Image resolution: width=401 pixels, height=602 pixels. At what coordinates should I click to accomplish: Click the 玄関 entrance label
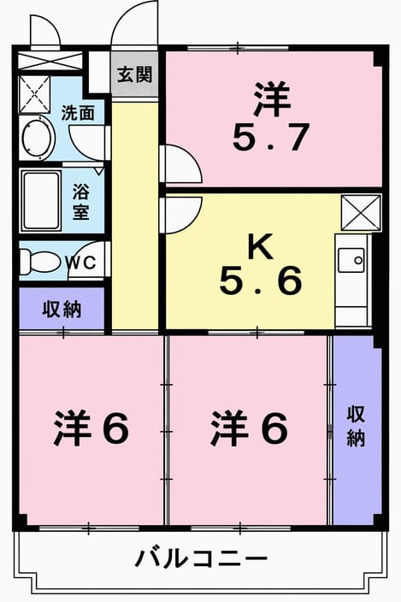135,74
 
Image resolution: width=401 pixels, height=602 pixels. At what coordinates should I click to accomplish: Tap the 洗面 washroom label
78,113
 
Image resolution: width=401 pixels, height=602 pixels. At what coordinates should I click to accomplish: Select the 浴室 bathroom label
81,202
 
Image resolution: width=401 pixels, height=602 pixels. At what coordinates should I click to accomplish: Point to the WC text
80,263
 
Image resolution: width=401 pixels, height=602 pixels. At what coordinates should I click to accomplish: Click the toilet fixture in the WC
40,262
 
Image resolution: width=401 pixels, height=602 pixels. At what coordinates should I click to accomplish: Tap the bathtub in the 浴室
41,201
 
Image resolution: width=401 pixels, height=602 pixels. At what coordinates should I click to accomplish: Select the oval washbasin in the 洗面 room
38,138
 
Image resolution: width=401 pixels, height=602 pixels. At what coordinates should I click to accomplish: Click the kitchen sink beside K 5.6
351,260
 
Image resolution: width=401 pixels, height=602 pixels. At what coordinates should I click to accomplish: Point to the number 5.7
270,137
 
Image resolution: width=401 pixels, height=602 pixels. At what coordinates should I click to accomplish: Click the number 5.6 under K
261,281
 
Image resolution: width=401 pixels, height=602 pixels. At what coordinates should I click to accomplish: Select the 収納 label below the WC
62,309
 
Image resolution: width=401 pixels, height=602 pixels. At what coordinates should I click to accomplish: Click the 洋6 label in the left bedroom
91,428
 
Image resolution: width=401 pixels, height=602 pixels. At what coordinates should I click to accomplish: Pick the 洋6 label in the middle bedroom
249,428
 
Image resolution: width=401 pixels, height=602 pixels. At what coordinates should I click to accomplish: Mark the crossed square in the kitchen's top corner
361,213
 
